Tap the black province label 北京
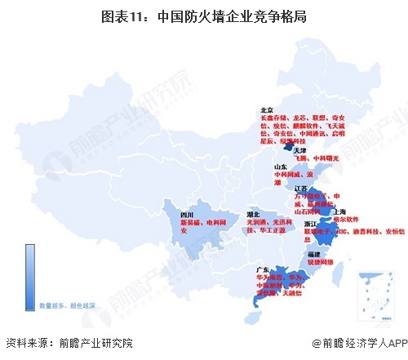(266, 109)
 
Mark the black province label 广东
(262, 269)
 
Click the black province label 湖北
(254, 214)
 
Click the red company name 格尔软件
(347, 219)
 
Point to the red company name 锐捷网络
(321, 263)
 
